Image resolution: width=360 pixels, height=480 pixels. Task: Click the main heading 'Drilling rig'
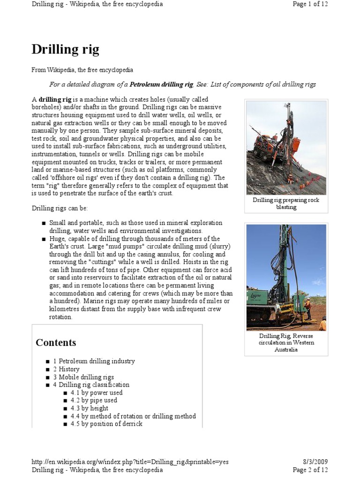click(65, 49)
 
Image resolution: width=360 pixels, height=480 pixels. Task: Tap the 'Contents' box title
click(56, 343)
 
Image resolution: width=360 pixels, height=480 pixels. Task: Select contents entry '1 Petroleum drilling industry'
click(94, 361)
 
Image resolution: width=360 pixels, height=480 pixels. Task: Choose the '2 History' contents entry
click(66, 369)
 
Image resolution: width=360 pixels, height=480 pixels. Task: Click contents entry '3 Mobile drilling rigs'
click(83, 377)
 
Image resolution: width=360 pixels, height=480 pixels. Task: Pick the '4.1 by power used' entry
click(97, 393)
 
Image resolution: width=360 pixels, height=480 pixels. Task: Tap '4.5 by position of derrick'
click(106, 424)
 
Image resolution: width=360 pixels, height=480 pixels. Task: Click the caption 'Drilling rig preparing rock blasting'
click(286, 203)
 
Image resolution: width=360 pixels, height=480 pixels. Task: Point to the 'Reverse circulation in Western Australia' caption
click(286, 343)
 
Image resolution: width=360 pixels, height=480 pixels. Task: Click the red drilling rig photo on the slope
click(286, 148)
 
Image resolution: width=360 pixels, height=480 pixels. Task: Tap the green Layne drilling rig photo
click(286, 277)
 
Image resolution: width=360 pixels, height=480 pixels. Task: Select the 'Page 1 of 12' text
click(310, 4)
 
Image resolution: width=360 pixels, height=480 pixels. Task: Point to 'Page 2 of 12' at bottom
click(310, 470)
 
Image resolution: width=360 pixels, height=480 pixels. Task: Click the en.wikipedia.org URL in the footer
click(130, 462)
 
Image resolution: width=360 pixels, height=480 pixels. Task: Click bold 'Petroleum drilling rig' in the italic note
click(161, 84)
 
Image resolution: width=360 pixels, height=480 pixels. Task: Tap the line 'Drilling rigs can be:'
click(60, 208)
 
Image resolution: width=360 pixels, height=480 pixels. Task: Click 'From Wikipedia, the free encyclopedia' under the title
click(82, 70)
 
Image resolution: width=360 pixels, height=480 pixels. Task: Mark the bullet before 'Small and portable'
click(44, 223)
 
